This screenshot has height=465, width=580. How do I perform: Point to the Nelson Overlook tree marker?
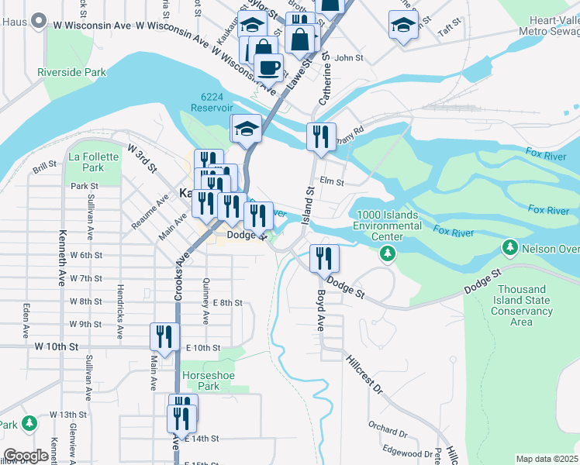(x=509, y=248)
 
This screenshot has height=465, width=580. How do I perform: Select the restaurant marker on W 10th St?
(x=164, y=336)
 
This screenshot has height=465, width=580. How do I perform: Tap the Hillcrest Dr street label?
(x=364, y=375)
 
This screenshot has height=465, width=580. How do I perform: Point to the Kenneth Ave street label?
(x=60, y=256)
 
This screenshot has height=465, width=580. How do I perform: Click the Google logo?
(x=26, y=456)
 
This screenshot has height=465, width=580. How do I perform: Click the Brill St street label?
(x=44, y=164)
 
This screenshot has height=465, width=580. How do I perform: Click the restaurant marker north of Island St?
(x=321, y=136)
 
